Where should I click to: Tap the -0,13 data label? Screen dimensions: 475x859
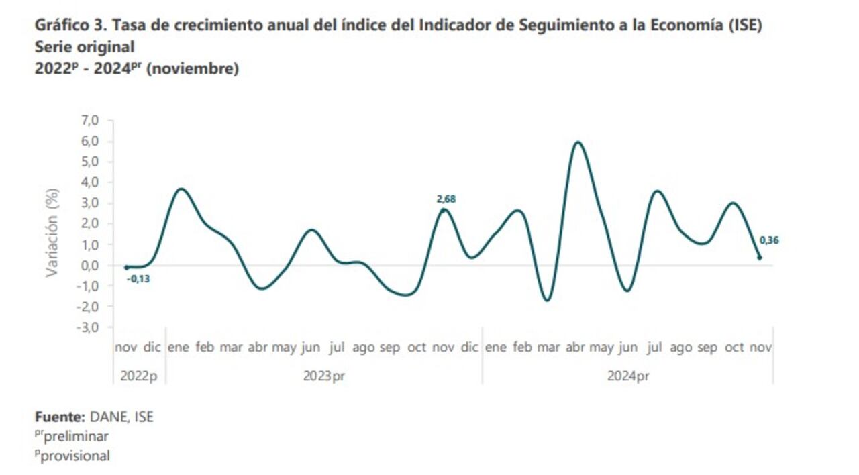pos(138,278)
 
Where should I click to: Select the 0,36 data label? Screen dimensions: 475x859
pos(769,240)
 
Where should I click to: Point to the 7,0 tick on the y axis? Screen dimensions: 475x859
pos(90,120)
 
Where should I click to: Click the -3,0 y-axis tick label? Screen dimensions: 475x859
pos(89,327)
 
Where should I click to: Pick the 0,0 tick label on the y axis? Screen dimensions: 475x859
pos(90,265)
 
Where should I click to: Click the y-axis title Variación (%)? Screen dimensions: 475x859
pos(52,232)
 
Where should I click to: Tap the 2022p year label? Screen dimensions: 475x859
pos(139,376)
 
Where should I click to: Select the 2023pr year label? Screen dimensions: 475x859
pos(323,376)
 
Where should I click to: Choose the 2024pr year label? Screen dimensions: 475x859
pos(628,376)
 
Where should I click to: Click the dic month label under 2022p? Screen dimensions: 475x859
pos(152,348)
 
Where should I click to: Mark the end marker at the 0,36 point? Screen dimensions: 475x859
pos(759,258)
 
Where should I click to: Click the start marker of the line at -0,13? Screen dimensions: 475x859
pos(126,268)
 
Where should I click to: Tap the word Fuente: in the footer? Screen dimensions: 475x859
pos(58,417)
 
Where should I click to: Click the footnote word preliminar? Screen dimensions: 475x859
pos(76,436)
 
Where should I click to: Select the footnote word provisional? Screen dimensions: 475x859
pos(75,456)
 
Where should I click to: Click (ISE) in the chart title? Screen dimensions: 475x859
pos(745,26)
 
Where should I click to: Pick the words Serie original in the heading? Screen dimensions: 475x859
pos(85,47)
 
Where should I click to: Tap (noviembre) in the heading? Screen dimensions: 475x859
pos(192,68)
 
